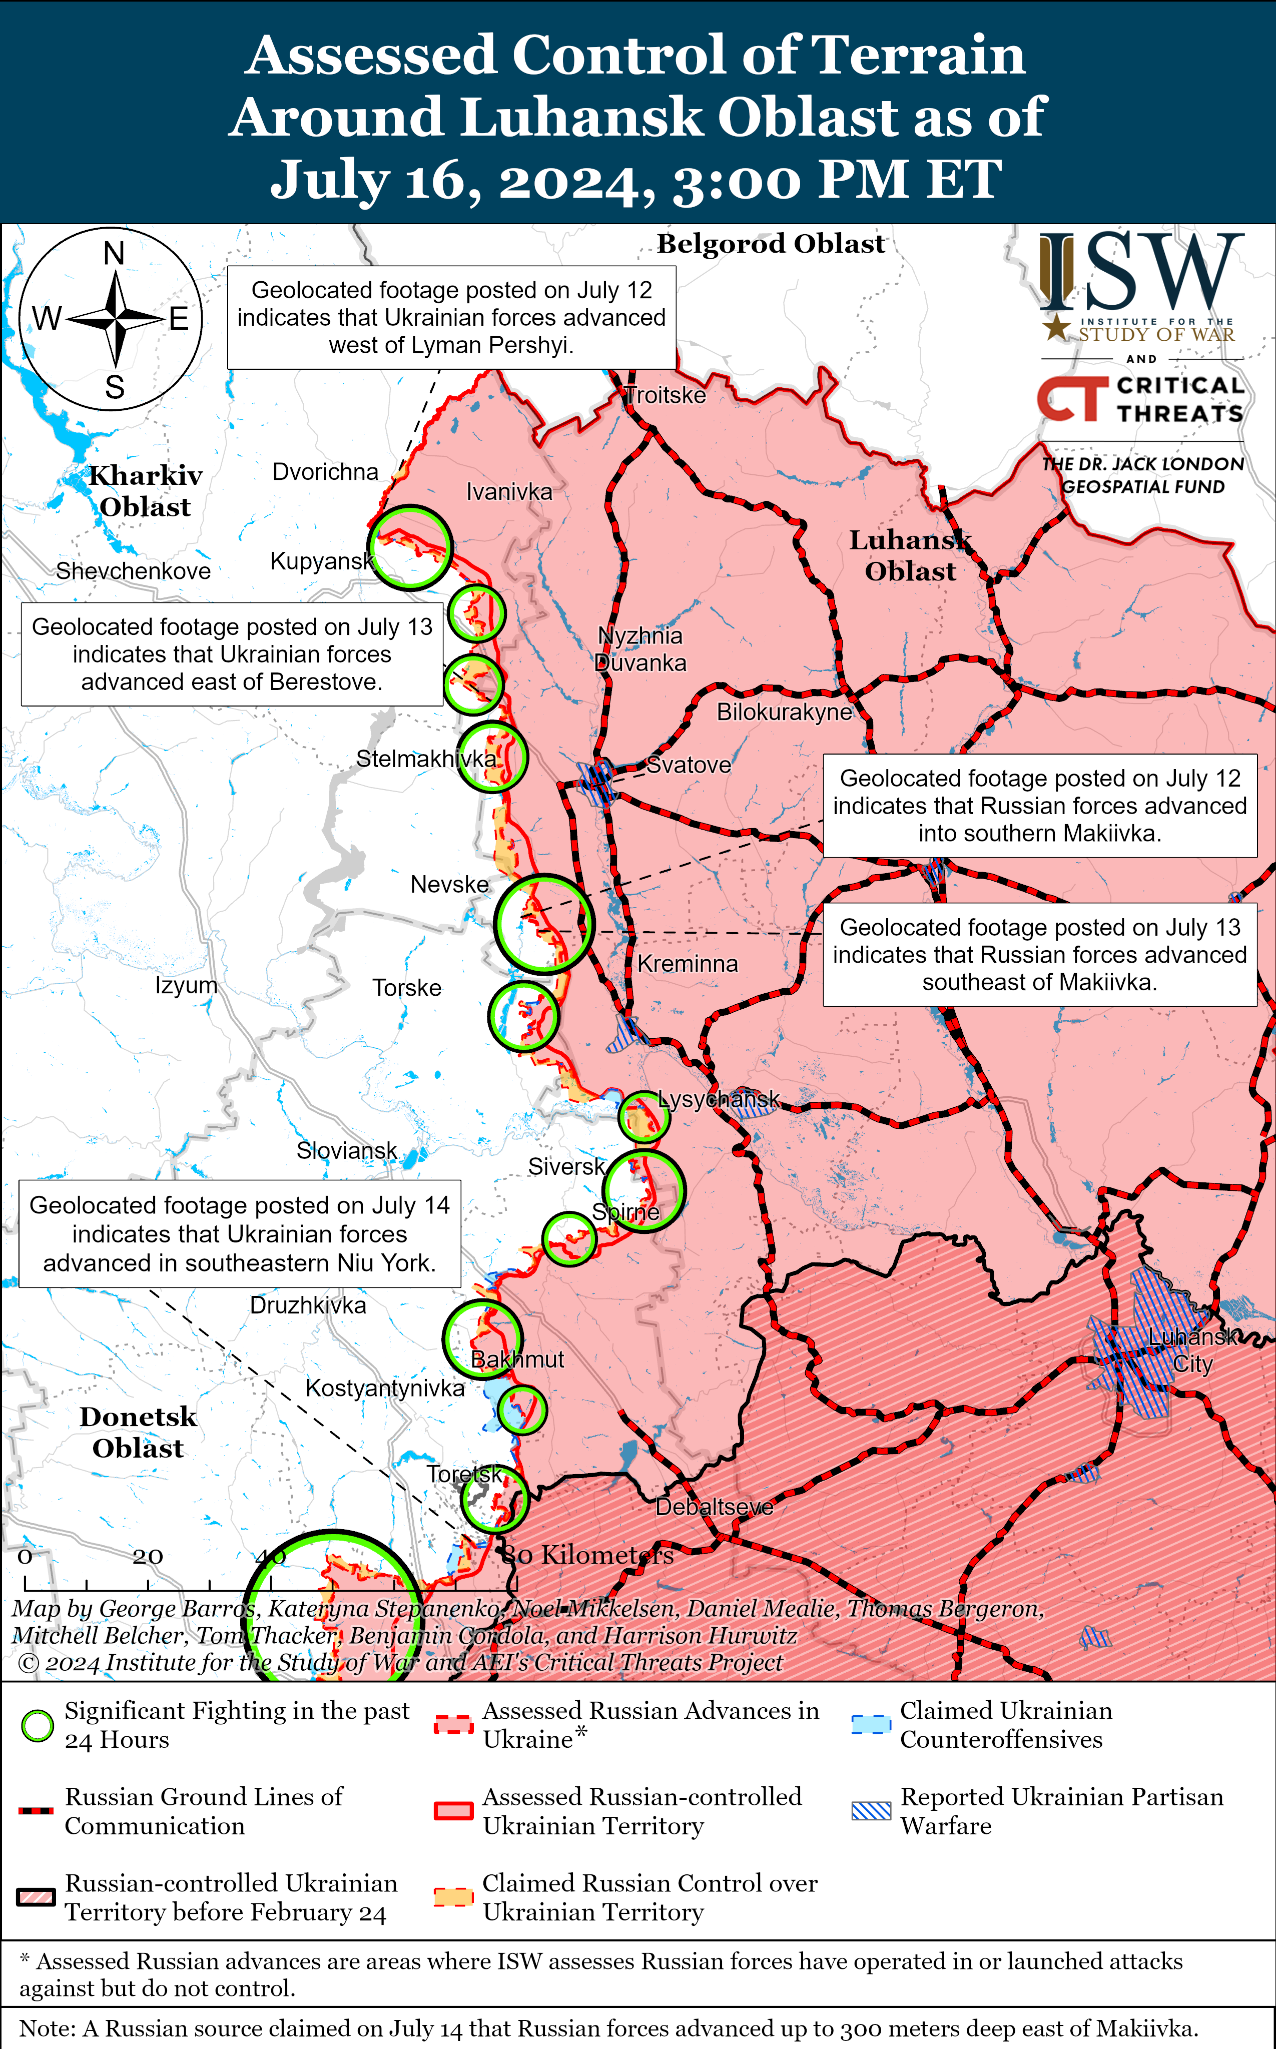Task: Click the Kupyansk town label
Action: tap(322, 561)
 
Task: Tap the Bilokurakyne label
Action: tap(784, 712)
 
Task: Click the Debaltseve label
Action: tap(714, 1507)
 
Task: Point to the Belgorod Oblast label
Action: tap(771, 244)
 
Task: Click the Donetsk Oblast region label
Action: tap(139, 1432)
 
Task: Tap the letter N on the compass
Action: tap(114, 253)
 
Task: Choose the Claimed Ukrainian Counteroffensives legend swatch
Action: tap(870, 1725)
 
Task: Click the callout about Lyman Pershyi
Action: tap(451, 317)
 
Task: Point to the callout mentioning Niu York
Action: tap(240, 1234)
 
